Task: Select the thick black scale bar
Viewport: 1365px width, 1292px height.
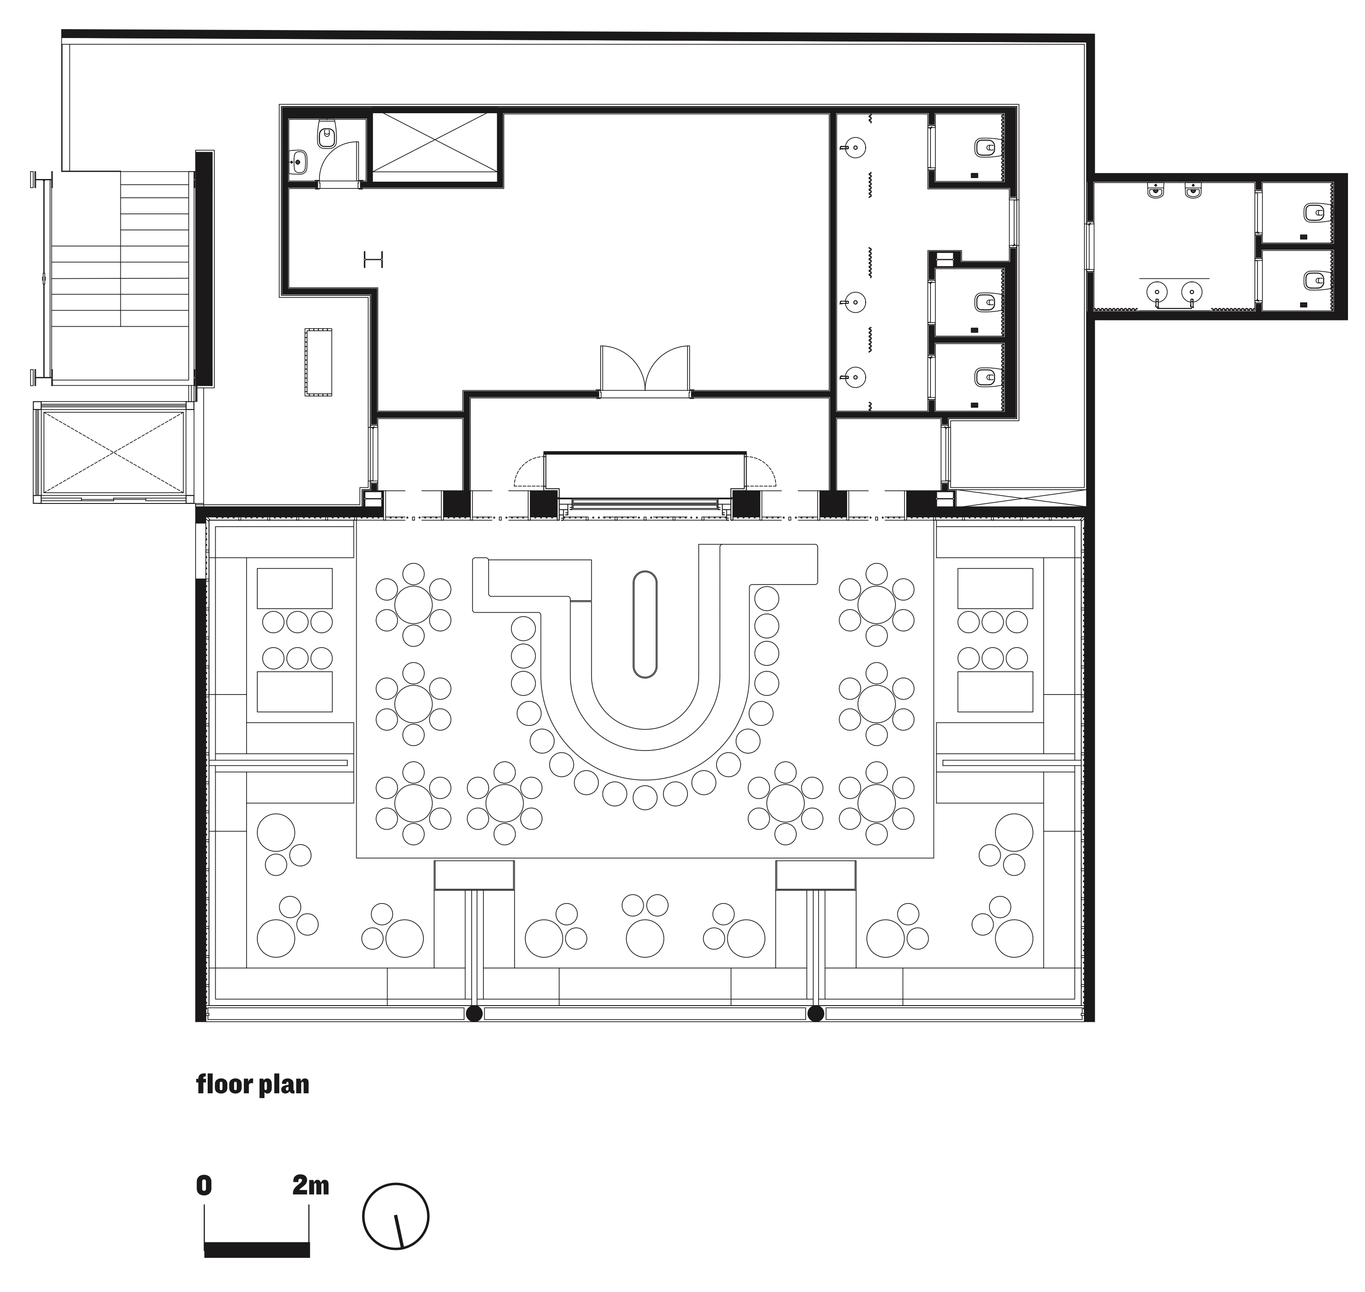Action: (256, 1249)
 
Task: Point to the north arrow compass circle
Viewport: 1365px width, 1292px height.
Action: (396, 1216)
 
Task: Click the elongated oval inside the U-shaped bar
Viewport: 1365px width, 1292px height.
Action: (644, 624)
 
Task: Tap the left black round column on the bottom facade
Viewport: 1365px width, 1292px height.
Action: (474, 1013)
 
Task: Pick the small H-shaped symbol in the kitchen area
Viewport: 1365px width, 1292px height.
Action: (373, 260)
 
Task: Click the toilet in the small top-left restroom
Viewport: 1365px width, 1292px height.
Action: (326, 136)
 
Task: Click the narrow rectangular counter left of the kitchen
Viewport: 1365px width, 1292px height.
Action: (319, 362)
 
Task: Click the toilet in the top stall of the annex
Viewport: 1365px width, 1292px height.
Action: (1314, 212)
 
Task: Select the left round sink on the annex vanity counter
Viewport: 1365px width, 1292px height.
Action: (1157, 293)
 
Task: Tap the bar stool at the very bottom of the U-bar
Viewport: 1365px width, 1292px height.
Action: (644, 797)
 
